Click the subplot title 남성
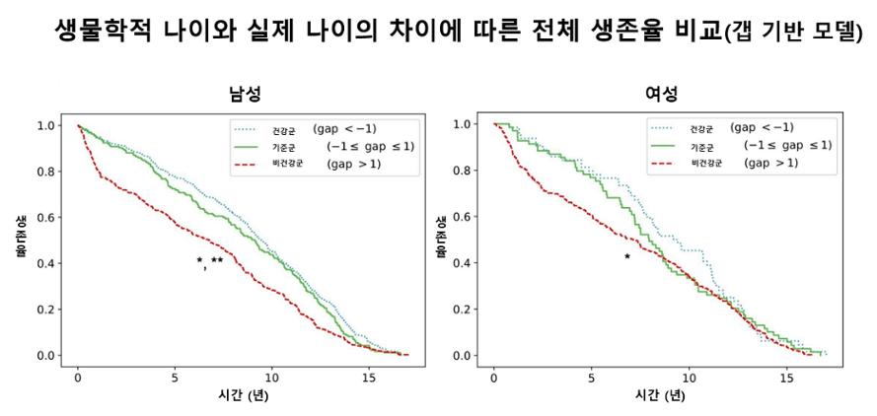click(x=242, y=95)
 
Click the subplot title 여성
click(x=658, y=95)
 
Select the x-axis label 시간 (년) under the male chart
click(x=242, y=396)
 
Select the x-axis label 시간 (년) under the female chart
click(x=658, y=396)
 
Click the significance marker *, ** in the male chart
click(x=210, y=261)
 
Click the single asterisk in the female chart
click(x=626, y=257)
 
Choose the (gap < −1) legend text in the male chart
click(x=345, y=128)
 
